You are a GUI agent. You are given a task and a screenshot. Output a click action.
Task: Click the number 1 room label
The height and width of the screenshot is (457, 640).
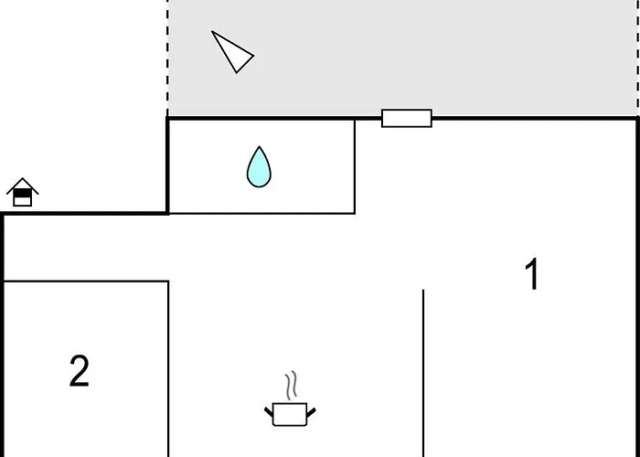532,274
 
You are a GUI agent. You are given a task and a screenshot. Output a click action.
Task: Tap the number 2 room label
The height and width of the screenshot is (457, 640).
80,370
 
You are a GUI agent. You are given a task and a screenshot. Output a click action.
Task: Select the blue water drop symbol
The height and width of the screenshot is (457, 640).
259,167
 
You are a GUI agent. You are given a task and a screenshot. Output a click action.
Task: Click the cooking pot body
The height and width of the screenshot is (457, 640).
290,415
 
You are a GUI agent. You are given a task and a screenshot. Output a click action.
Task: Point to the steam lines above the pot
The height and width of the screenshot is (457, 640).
291,385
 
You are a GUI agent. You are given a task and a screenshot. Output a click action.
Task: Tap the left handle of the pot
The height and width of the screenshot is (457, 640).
269,411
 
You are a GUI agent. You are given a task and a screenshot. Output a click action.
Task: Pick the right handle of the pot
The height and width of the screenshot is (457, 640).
311,412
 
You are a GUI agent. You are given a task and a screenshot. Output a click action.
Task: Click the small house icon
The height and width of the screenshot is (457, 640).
23,192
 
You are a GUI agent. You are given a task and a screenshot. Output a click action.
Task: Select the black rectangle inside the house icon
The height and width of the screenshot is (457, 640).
23,193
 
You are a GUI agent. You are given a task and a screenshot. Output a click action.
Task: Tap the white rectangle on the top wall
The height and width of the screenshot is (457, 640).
407,118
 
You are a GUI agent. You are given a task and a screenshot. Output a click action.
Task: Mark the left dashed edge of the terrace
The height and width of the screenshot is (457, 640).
167,58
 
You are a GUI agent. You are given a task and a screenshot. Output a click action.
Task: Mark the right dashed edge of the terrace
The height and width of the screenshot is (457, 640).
637,58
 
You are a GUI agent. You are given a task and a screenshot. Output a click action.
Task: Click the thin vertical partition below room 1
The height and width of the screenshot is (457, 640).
423,373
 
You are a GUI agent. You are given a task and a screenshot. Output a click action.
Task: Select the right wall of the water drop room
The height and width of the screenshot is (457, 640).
355,166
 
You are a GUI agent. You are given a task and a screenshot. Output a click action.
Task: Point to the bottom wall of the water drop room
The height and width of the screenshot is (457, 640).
261,213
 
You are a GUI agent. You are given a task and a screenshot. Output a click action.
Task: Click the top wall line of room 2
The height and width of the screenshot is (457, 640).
86,281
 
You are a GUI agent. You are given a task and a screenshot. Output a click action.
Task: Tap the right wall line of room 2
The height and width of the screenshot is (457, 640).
168,369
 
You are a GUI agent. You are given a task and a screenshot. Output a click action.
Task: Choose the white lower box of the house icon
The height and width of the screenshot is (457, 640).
23,202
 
